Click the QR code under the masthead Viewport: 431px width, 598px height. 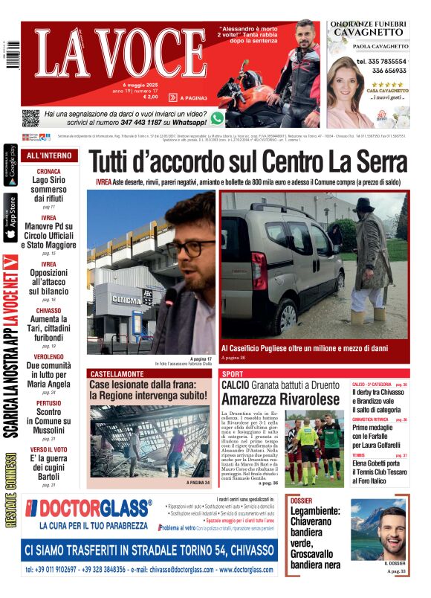30,118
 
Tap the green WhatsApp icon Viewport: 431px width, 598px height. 217,118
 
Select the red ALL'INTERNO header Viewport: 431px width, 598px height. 49,156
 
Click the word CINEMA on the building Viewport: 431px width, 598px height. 126,299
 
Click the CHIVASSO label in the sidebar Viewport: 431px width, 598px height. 49,311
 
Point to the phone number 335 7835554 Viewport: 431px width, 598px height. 380,61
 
